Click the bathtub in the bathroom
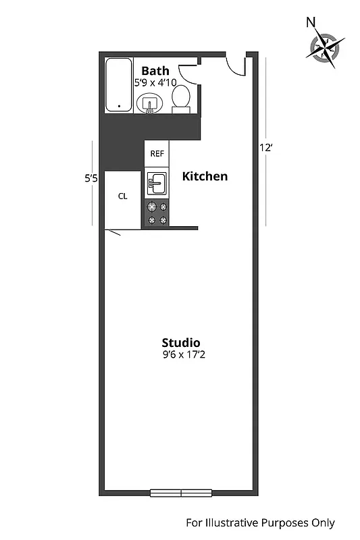pyautogui.click(x=120, y=84)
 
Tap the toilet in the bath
pyautogui.click(x=180, y=100)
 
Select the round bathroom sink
pyautogui.click(x=149, y=104)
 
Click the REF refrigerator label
pyautogui.click(x=157, y=154)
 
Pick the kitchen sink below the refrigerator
pyautogui.click(x=157, y=182)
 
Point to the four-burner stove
pyautogui.click(x=157, y=213)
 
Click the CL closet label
pyautogui.click(x=122, y=196)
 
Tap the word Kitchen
pyautogui.click(x=205, y=177)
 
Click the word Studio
pyautogui.click(x=180, y=342)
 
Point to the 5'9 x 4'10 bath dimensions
pyautogui.click(x=155, y=83)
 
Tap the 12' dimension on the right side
pyautogui.click(x=265, y=147)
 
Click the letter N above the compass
pyautogui.click(x=311, y=22)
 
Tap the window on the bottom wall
pyautogui.click(x=181, y=493)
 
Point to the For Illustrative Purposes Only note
pyautogui.click(x=260, y=523)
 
